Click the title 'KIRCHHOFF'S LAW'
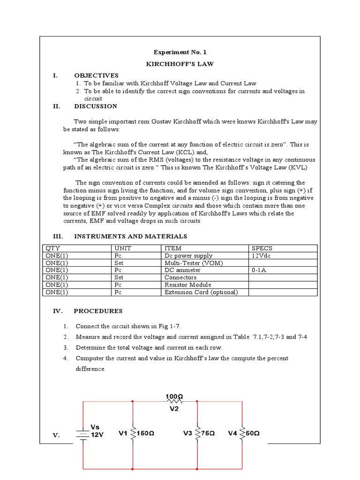180,64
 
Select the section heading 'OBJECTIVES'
96,75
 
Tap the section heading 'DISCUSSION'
96,106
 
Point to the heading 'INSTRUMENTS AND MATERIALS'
130,236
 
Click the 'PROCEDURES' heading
98,311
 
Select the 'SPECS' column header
262,248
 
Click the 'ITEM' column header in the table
173,248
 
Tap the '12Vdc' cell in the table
262,256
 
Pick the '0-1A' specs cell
259,270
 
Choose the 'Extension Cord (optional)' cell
201,292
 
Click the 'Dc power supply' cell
188,256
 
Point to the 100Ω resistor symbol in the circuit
174,401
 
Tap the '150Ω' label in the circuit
145,434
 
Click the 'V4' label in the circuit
232,434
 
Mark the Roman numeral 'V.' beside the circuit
56,436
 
